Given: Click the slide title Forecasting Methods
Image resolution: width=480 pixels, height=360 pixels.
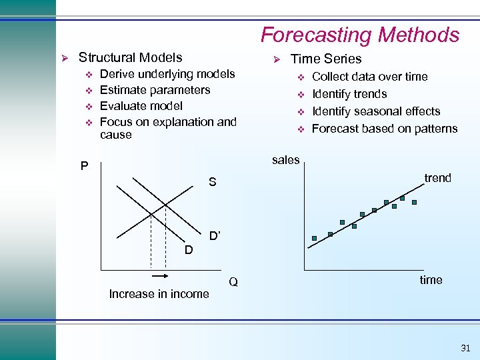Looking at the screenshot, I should coord(359,35).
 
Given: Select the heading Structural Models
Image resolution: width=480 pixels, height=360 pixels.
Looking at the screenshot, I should coord(130,58).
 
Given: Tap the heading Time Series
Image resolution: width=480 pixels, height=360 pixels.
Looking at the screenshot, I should coord(326,59).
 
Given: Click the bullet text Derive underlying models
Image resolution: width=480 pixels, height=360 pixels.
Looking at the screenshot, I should coord(167,74).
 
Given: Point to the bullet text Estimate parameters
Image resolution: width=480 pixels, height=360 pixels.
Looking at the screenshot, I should coord(155,90).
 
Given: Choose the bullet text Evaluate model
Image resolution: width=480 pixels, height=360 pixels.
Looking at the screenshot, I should coord(141,106).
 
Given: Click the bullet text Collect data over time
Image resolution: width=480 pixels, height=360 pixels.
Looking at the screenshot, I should coord(369,77).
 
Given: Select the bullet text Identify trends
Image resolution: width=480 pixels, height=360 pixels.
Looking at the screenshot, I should coord(349,94).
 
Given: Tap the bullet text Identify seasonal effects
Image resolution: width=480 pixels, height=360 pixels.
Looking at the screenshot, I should coord(376,111).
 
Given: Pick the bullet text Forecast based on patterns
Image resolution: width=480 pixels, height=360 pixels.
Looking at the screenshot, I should coord(385,129).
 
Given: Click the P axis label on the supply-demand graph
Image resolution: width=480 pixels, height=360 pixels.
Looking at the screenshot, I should coord(85,166).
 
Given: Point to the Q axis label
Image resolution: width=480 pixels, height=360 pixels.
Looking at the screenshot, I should coord(233,282).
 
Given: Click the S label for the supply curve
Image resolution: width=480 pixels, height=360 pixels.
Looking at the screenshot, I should coord(212,182).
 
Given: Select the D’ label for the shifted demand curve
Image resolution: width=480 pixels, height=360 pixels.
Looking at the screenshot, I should coord(215,236).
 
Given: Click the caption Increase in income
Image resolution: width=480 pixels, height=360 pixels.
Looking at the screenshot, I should coord(159,294).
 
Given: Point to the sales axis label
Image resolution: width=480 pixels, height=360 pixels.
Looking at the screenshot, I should coord(286,159).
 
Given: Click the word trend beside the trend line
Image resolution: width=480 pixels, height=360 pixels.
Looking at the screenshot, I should coord(437,178).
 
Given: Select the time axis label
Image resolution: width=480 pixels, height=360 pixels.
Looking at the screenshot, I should coord(431,280).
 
